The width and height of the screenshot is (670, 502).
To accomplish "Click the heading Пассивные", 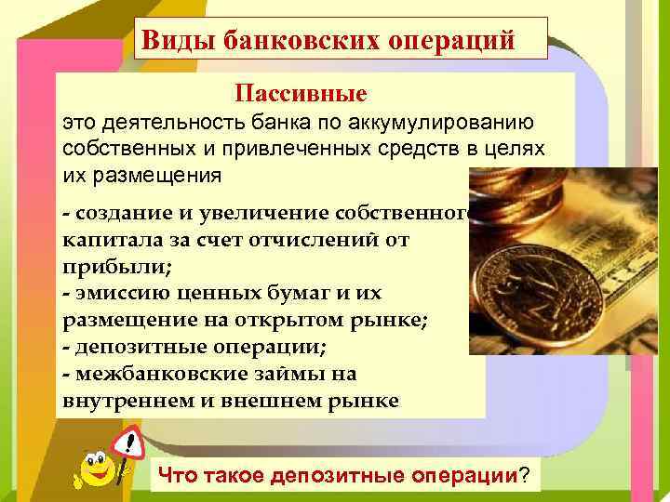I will pos(301,93).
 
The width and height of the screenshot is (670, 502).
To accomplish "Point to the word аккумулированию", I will pos(456,123).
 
